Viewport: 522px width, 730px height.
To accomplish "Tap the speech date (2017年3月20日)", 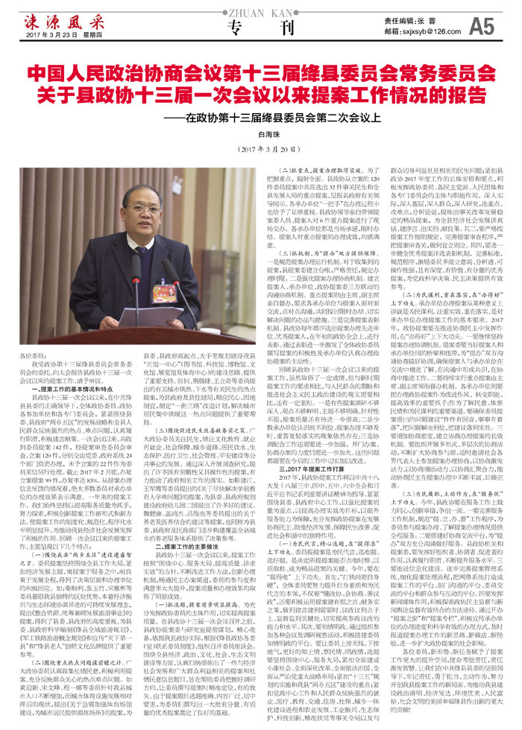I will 261,147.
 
